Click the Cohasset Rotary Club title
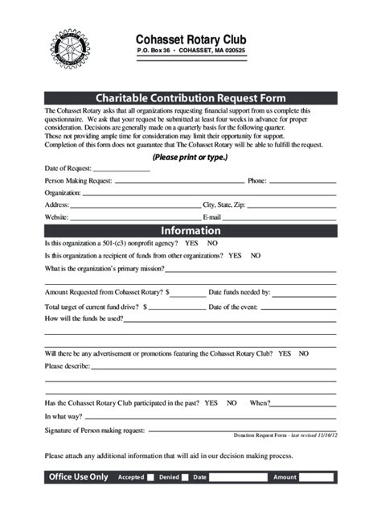point(190,39)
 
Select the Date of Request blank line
point(121,171)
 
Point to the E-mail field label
point(211,216)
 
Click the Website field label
point(56,216)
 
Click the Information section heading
point(190,231)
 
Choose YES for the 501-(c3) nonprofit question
point(191,243)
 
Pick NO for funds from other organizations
point(255,255)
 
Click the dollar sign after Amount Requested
point(167,292)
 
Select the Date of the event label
point(233,307)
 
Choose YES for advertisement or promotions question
point(284,353)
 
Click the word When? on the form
point(260,402)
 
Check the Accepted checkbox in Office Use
point(150,477)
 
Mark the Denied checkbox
point(185,477)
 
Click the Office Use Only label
point(77,477)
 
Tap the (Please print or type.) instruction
point(190,157)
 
